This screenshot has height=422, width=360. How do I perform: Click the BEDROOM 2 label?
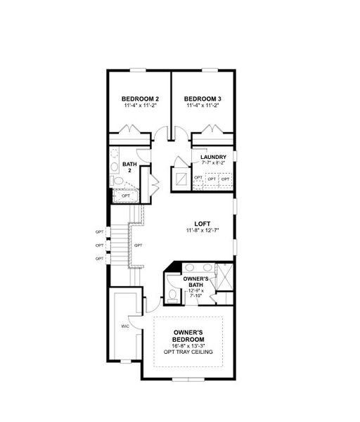pyautogui.click(x=141, y=98)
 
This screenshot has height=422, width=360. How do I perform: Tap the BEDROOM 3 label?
pyautogui.click(x=202, y=98)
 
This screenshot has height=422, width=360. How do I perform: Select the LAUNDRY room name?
pyautogui.click(x=213, y=157)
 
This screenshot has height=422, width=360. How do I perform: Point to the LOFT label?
pyautogui.click(x=202, y=223)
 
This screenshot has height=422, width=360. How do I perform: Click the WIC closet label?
pyautogui.click(x=124, y=327)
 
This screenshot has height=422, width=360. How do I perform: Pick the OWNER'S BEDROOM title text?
pyautogui.click(x=188, y=335)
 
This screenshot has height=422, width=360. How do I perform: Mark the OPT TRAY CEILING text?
pyautogui.click(x=188, y=352)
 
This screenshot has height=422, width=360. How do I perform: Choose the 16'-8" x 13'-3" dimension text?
pyautogui.click(x=188, y=345)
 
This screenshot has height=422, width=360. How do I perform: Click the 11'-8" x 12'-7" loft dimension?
pyautogui.click(x=202, y=230)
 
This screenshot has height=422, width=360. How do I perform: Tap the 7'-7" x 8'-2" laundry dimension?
pyautogui.click(x=213, y=163)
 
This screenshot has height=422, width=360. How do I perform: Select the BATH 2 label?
pyautogui.click(x=129, y=167)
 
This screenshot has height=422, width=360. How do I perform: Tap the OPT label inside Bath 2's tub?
pyautogui.click(x=126, y=196)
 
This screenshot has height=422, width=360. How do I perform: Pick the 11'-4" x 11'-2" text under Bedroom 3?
pyautogui.click(x=202, y=105)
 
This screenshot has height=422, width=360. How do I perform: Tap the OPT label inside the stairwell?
pyautogui.click(x=139, y=245)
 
